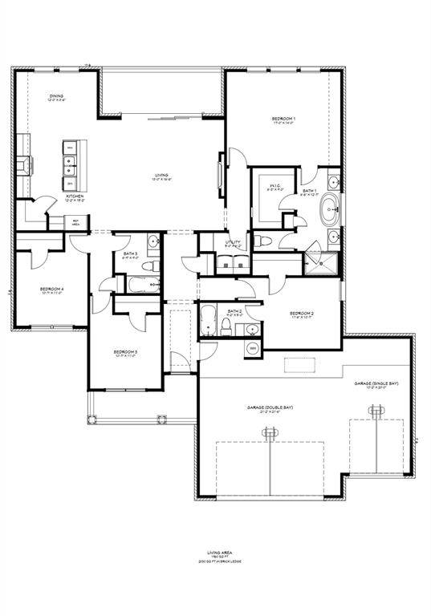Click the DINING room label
point(56,96)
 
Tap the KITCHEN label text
point(75,196)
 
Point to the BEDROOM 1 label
point(284,120)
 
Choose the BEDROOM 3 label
point(125,351)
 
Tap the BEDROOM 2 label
point(301,313)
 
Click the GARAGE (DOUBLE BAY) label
point(270,407)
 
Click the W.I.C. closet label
point(274,186)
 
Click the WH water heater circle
point(250,347)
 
